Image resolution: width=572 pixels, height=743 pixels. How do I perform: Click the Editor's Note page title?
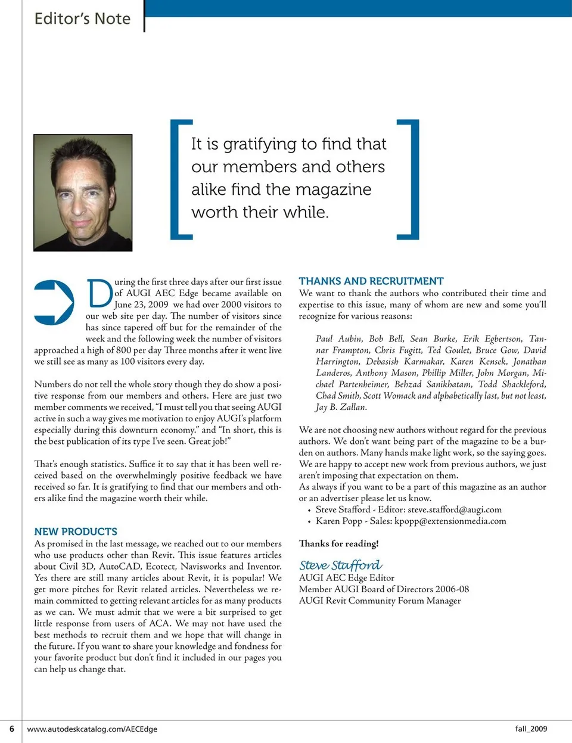(x=82, y=18)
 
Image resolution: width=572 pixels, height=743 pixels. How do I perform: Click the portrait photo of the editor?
(x=83, y=192)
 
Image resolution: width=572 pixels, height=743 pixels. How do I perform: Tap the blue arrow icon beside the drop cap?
(x=54, y=302)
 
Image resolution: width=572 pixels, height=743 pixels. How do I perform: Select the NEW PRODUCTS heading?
(x=76, y=531)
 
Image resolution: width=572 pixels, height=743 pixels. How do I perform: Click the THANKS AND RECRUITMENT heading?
(x=371, y=281)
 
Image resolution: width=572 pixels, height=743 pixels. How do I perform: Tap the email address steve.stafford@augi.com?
(x=455, y=509)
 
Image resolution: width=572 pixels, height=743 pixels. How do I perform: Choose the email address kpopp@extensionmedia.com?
(x=450, y=521)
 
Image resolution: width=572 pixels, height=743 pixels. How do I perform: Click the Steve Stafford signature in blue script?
(x=340, y=565)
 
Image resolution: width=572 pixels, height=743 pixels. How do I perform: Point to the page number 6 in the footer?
(x=11, y=729)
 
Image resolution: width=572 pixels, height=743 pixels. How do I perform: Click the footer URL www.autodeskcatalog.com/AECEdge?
(x=92, y=729)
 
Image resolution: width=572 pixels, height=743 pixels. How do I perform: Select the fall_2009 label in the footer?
(x=531, y=729)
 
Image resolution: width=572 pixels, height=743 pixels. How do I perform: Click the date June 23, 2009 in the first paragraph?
(x=141, y=304)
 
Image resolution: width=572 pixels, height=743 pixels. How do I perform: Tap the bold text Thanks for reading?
(x=338, y=543)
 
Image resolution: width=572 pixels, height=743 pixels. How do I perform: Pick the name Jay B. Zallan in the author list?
(x=341, y=407)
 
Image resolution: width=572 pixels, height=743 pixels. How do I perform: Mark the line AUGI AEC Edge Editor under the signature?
(x=346, y=577)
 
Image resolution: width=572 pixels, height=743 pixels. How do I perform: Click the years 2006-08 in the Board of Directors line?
(x=452, y=589)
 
